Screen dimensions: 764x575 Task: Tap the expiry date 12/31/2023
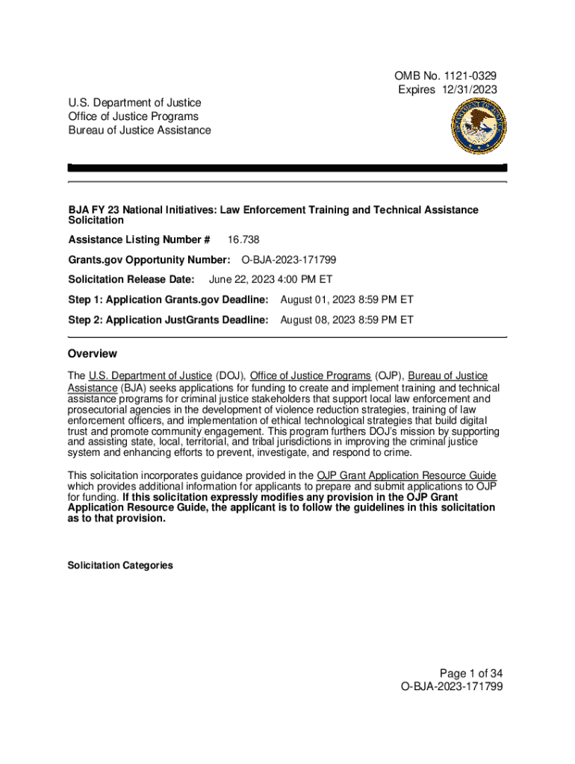tap(467, 90)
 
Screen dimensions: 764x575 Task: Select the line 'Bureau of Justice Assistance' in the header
tap(140, 131)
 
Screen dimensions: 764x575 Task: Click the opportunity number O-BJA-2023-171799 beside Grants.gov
tap(288, 260)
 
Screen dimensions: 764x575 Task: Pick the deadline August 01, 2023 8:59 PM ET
tap(346, 300)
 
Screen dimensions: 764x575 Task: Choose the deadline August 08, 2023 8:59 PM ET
tap(346, 320)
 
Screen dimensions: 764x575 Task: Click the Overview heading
tap(93, 354)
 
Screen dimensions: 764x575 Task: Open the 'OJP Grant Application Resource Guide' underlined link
tap(406, 476)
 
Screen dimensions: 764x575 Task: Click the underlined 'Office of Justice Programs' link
tap(310, 375)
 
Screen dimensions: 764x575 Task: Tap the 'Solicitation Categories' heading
tap(120, 566)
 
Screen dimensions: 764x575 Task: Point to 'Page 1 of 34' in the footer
tap(470, 673)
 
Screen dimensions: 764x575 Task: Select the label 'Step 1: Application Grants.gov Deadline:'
tap(168, 300)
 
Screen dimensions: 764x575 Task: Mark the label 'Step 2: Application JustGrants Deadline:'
tap(168, 320)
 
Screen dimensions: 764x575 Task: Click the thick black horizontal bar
tap(287, 168)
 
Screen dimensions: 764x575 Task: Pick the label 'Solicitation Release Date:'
tap(131, 280)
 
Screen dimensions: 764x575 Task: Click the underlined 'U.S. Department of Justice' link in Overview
tap(150, 375)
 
